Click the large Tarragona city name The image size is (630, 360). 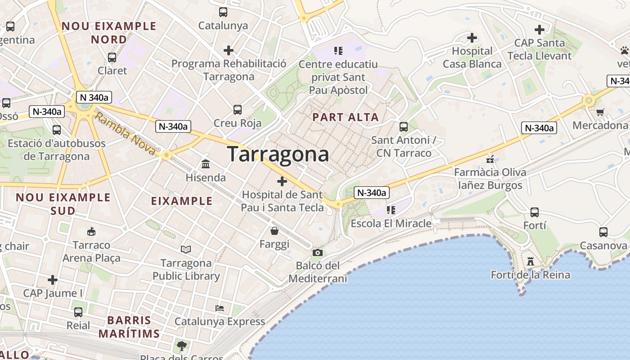point(278,154)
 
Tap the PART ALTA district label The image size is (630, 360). point(346,117)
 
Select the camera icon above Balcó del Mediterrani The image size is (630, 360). point(318,252)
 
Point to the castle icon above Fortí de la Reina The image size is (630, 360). point(531,261)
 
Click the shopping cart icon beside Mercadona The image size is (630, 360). point(600,112)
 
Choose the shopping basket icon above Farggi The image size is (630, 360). point(274,231)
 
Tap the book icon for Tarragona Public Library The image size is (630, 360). point(186,249)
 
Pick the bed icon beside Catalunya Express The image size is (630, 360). point(220,308)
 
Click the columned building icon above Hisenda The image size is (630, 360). point(206,164)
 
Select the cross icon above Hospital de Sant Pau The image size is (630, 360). point(282,181)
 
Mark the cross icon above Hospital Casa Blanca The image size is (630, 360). point(472,38)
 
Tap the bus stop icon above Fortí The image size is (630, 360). point(535,212)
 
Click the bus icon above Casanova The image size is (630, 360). point(603,232)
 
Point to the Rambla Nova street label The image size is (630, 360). point(126,134)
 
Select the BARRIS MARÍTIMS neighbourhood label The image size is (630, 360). point(129,327)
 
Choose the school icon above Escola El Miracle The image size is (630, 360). point(391,210)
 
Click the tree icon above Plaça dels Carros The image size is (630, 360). point(182,346)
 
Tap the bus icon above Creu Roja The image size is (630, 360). point(238,109)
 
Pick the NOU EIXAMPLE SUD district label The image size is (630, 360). point(63,204)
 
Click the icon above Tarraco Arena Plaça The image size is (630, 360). point(91,232)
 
